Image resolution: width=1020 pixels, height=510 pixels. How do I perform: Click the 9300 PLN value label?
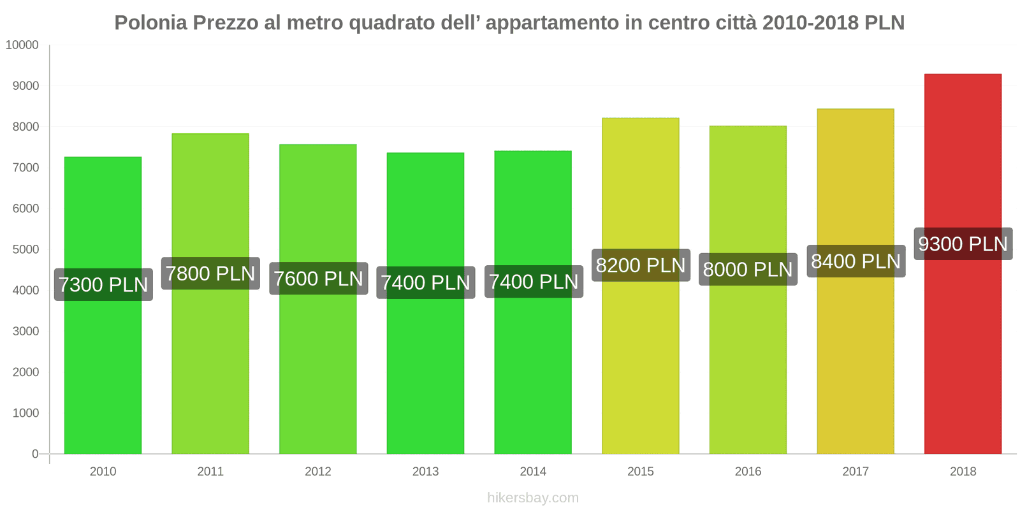[963, 244]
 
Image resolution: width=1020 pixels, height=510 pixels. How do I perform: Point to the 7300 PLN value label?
[103, 285]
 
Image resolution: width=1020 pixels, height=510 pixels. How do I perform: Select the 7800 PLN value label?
[210, 274]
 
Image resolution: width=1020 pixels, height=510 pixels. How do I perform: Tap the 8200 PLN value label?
[641, 265]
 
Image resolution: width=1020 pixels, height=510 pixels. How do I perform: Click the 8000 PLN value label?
[748, 270]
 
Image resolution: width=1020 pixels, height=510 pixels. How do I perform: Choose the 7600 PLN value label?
[318, 279]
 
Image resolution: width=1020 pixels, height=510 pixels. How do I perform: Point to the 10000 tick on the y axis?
[22, 45]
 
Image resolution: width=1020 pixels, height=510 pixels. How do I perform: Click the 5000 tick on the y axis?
[25, 250]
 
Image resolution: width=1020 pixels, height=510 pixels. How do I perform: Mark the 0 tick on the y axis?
[35, 454]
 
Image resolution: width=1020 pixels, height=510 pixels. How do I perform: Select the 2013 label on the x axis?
[425, 472]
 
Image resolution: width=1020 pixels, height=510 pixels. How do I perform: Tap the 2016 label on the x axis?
[748, 472]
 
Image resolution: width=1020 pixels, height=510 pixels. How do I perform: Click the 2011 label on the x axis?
[210, 472]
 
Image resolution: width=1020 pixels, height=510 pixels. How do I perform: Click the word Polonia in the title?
[151, 23]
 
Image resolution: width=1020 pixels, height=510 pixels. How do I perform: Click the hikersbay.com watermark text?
[533, 498]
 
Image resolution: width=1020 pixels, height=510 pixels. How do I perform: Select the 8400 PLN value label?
[856, 261]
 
